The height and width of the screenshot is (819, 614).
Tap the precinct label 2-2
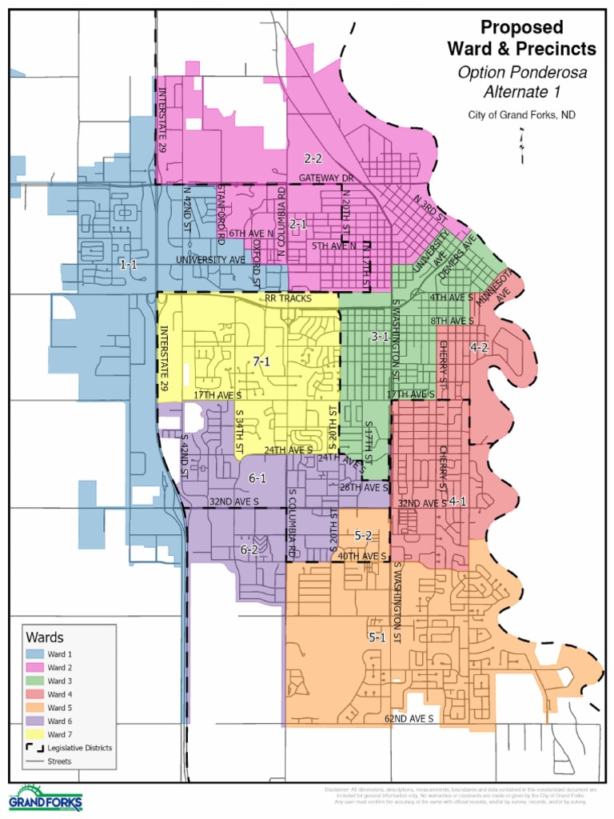pos(313,158)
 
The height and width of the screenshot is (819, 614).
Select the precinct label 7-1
pos(261,362)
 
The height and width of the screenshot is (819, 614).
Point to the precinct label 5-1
pos(377,637)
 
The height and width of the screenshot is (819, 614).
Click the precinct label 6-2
pos(249,549)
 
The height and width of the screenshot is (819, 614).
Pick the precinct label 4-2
pos(480,347)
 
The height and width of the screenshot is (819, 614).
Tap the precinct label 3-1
pos(380,337)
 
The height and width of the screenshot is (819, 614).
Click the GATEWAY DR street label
pos(326,177)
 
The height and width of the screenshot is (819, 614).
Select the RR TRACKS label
pos(288,298)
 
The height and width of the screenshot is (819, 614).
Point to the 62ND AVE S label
pos(409,719)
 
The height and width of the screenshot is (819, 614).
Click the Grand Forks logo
pos(45,797)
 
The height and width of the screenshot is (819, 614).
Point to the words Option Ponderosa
pos(521,72)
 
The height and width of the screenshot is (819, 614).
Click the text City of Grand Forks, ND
pos(521,114)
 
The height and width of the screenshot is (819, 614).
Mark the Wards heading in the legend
pos(45,637)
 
